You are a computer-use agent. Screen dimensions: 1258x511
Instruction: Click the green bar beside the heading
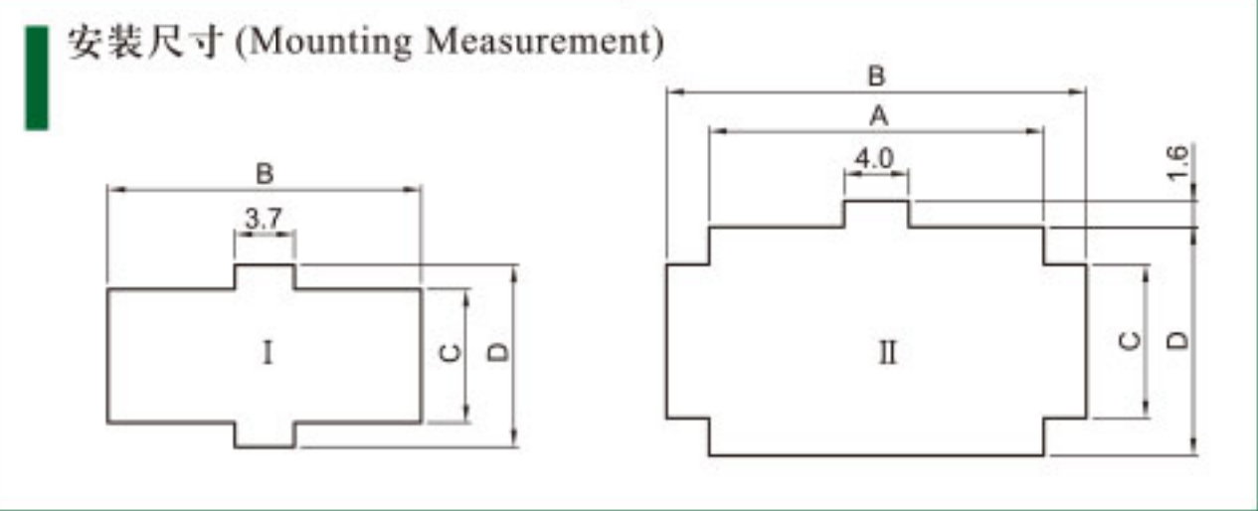coord(37,79)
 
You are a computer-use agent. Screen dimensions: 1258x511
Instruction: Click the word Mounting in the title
coord(329,43)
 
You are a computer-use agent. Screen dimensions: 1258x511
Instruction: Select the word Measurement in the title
coord(538,42)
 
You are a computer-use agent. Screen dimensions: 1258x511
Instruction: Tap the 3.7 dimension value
coord(264,218)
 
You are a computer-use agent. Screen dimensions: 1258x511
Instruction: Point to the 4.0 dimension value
coord(874,158)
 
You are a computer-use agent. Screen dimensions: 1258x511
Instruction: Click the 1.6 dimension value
coord(1177,163)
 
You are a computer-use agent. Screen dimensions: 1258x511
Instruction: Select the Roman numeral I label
coord(268,353)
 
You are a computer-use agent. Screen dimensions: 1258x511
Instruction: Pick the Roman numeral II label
coord(888,353)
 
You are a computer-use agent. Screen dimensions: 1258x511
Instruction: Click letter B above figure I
coord(265,174)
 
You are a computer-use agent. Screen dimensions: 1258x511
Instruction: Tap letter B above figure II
coord(877,76)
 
